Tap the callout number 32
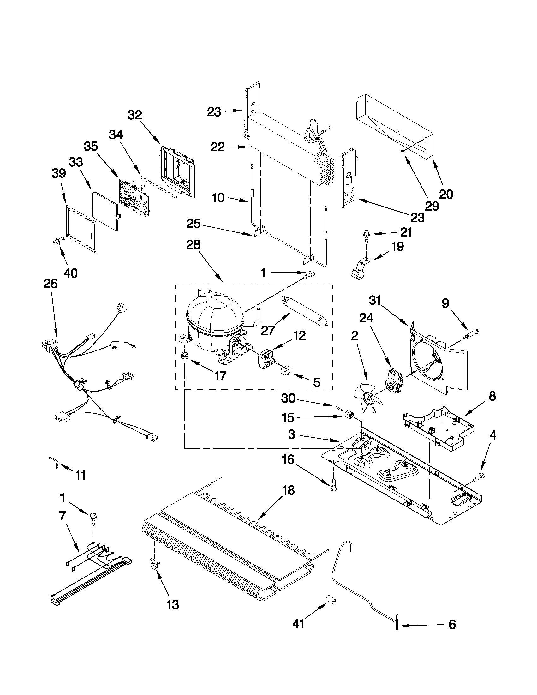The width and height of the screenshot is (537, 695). [134, 115]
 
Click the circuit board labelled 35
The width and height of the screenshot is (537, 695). [134, 197]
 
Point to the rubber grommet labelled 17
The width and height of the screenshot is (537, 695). [184, 356]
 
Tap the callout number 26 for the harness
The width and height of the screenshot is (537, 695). [50, 283]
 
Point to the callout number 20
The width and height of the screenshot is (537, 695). [446, 194]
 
